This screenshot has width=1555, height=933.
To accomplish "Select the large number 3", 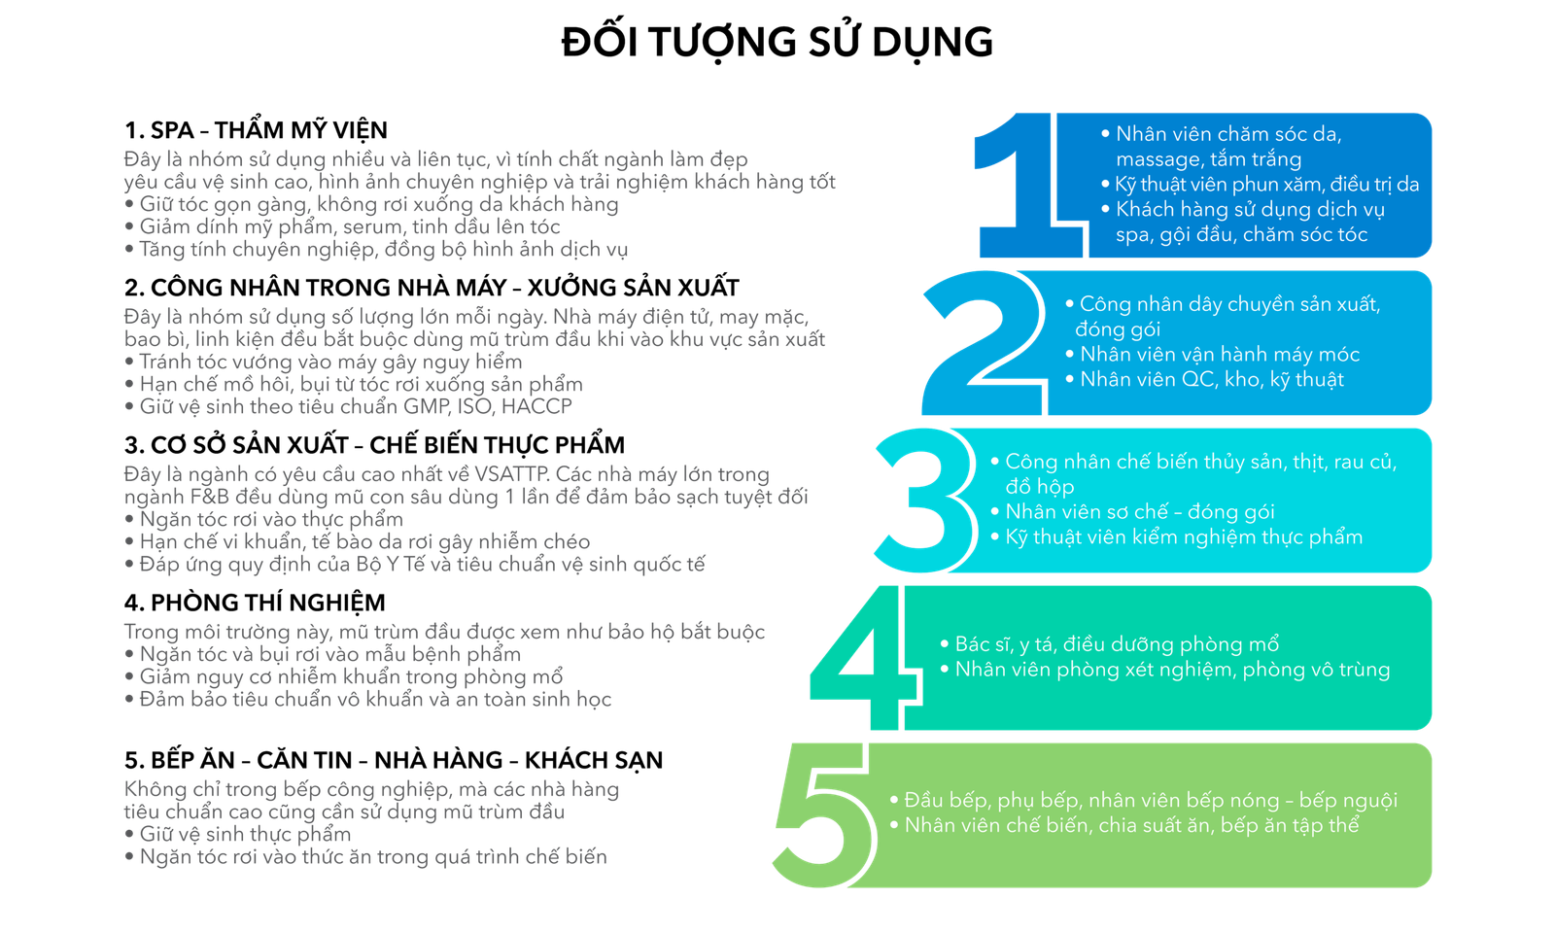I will (x=923, y=500).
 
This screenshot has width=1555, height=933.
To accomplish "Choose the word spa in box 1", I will (x=1132, y=235).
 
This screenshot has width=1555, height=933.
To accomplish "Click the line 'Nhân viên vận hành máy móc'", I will (x=1219, y=355).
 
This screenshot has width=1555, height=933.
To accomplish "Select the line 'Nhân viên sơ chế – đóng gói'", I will (x=1139, y=512).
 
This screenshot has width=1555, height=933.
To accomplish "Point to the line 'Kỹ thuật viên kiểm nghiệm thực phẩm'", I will (x=1183, y=537).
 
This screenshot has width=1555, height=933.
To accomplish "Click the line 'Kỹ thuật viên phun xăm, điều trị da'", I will (x=1266, y=185).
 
